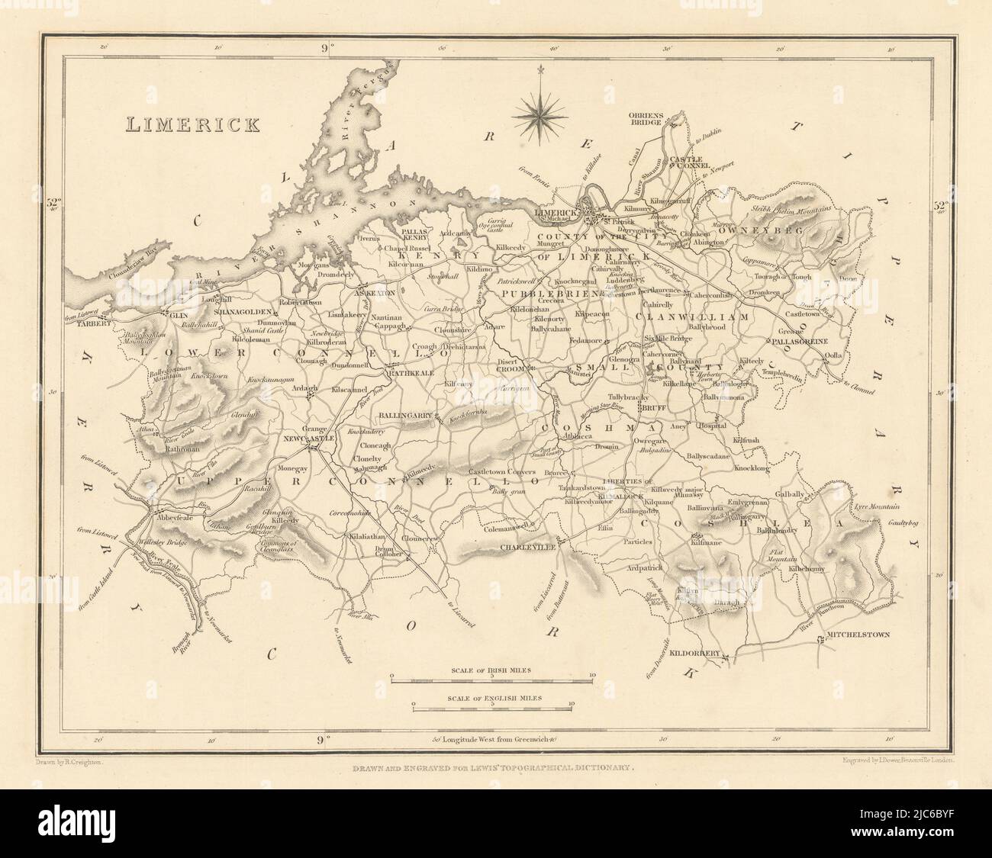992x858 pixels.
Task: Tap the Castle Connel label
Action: (690, 163)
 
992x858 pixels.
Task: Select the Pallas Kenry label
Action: (414, 234)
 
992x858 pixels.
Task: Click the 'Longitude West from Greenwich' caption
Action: (492, 738)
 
